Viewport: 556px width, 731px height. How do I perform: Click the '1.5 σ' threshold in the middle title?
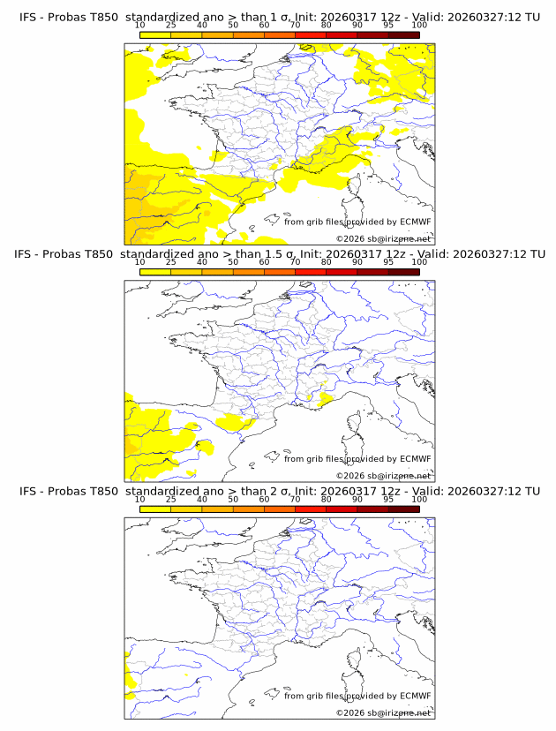click(282, 254)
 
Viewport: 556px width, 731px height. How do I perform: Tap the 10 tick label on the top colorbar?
click(139, 25)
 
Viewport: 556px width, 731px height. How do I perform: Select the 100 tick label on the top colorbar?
click(419, 25)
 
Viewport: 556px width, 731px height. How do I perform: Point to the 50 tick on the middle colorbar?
click(233, 262)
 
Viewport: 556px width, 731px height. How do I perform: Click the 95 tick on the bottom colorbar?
click(388, 500)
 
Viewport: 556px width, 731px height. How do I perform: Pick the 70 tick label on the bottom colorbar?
click(295, 500)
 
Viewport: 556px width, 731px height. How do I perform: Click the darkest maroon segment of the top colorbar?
click(403, 34)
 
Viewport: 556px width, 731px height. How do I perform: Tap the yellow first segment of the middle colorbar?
click(154, 272)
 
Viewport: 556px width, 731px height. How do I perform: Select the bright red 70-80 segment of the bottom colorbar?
click(310, 509)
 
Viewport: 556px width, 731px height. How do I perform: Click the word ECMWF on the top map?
click(415, 222)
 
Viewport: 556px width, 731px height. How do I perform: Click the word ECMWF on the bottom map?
click(415, 696)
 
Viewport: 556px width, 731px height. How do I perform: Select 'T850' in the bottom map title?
click(101, 492)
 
